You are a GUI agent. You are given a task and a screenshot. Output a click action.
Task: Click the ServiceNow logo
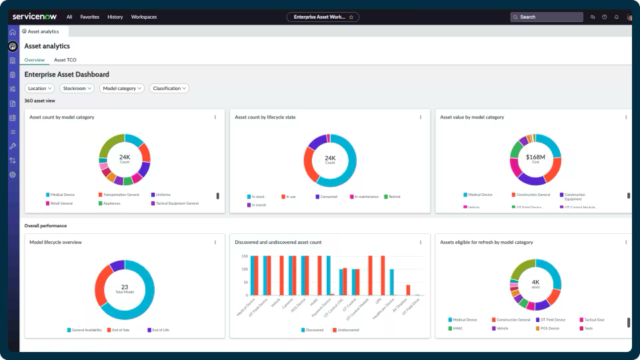35,17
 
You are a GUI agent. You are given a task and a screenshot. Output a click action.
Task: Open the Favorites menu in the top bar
89,17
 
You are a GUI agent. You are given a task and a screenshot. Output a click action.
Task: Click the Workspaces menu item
144,17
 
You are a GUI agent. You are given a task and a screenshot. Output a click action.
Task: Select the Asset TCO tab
65,60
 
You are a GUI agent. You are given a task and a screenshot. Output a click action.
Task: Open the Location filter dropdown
40,88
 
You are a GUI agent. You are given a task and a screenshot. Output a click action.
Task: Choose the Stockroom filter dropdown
77,88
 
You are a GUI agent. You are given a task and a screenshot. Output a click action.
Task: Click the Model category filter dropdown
123,88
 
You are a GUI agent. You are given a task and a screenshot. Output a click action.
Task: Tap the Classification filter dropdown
169,88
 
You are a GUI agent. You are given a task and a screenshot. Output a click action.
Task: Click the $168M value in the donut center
535,157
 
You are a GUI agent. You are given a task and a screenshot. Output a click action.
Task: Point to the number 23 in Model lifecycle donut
125,287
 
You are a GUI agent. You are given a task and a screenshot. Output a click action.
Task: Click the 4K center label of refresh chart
535,282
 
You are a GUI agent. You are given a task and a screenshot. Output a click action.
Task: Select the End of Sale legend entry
121,330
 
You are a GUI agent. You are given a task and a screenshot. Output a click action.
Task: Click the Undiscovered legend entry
348,329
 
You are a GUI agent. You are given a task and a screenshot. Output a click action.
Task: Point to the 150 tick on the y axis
244,256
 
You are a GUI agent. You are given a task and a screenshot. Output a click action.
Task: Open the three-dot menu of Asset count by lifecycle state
420,117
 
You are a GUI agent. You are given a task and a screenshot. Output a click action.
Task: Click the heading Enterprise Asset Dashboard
67,75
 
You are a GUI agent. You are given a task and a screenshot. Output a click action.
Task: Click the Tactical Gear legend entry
593,320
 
